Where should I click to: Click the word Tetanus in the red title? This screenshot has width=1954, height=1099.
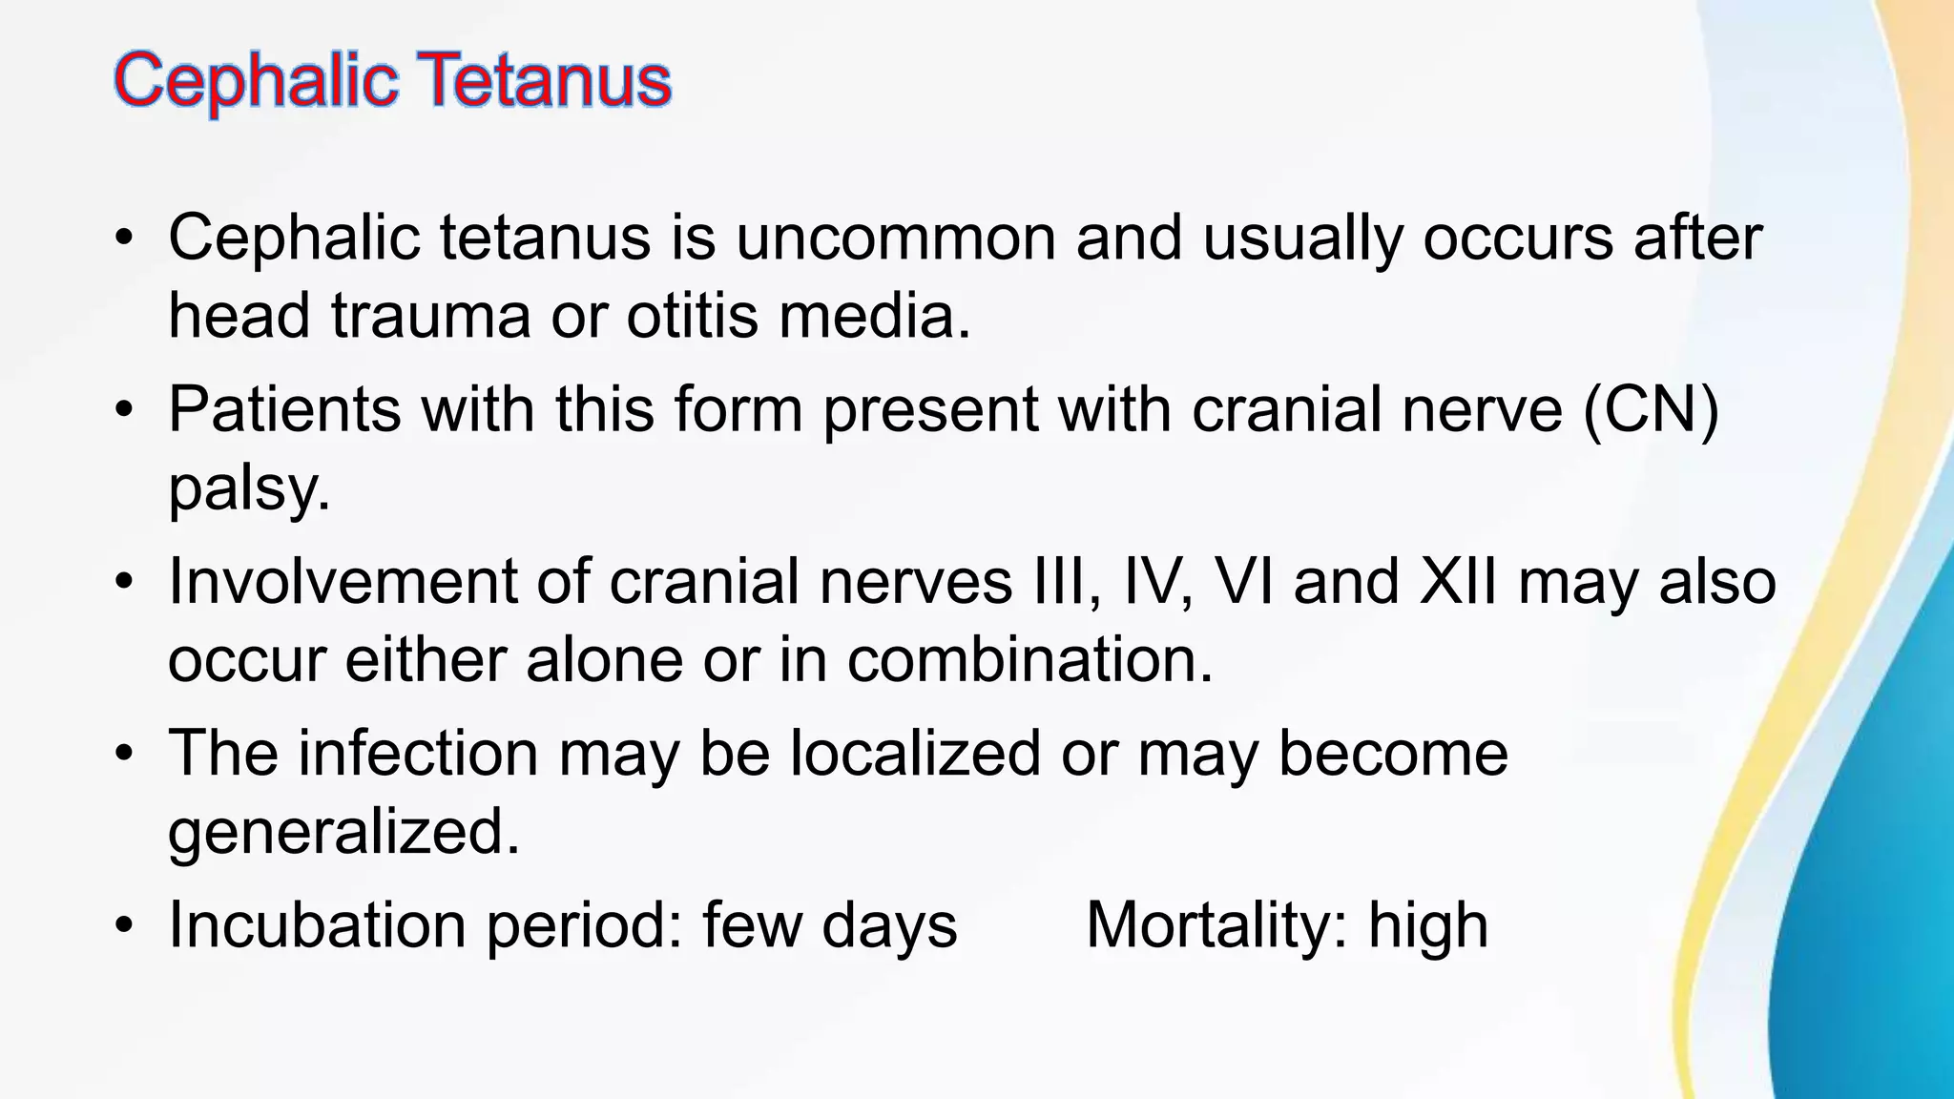pos(544,80)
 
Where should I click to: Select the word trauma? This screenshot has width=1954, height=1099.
pos(430,316)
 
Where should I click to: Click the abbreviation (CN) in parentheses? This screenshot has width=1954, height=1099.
pos(1651,411)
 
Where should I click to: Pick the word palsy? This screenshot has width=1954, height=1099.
pos(248,489)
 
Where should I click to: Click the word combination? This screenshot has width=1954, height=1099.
pos(1029,660)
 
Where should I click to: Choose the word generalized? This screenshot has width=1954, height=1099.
pos(343,833)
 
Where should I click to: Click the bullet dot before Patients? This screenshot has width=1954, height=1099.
pos(123,411)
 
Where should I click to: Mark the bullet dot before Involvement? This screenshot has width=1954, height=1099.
pos(123,583)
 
